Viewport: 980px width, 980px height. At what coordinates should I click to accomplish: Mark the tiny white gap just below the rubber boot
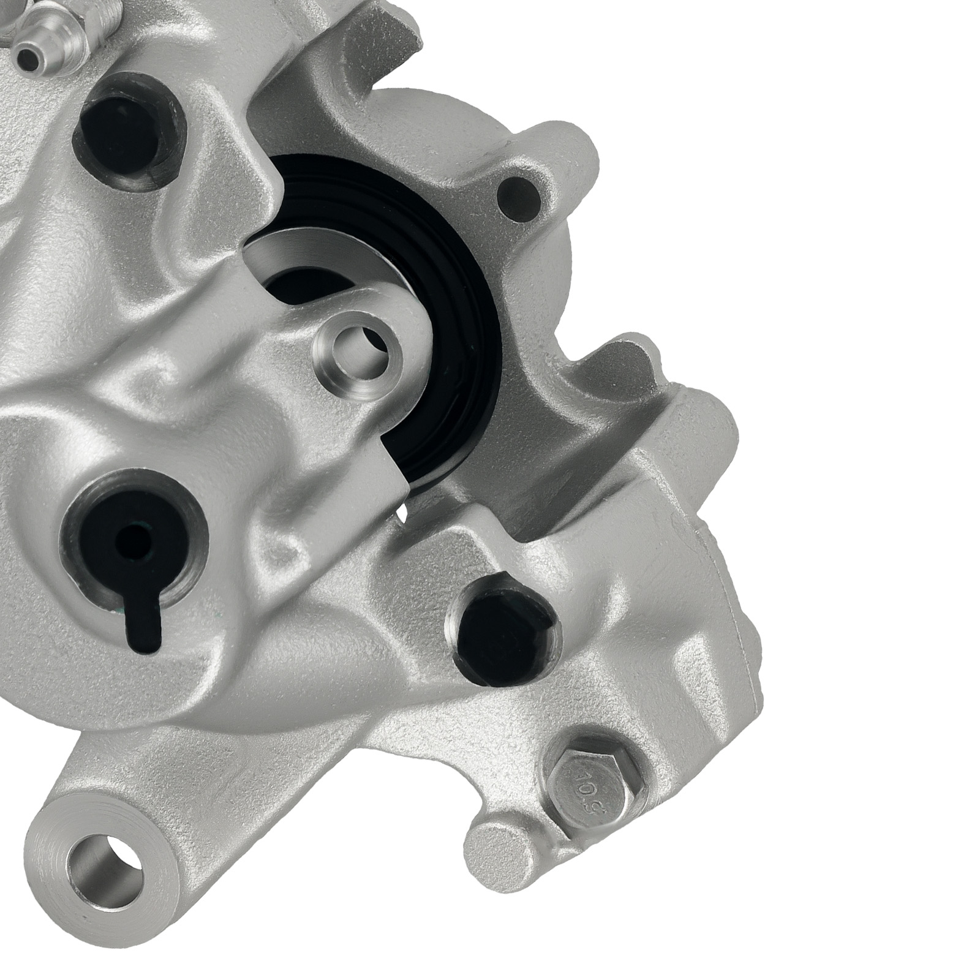[402, 514]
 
